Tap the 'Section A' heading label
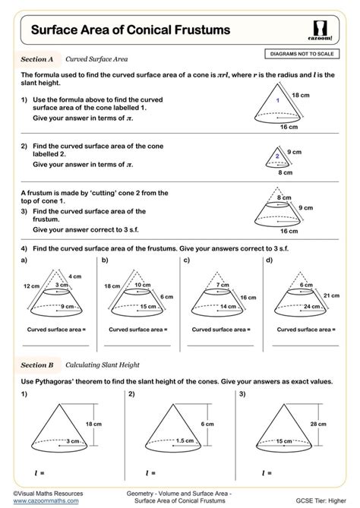click(36, 58)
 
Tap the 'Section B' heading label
click(36, 365)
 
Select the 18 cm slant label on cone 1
click(301, 94)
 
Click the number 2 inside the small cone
click(278, 156)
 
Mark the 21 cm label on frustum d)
click(331, 295)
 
